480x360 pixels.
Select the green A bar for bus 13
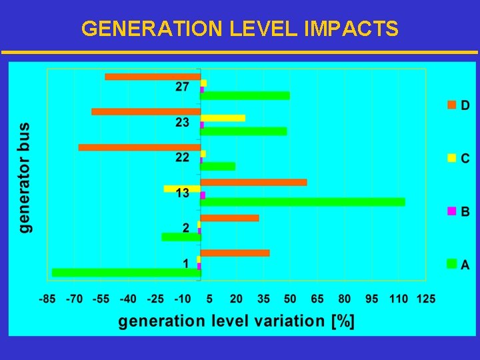(x=303, y=202)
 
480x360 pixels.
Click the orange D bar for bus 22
(x=139, y=147)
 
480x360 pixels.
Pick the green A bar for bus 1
(x=126, y=272)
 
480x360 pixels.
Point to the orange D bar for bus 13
(x=253, y=182)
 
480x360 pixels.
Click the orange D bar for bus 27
(x=153, y=77)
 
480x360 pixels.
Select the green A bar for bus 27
(x=245, y=96)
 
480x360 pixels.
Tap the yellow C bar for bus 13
(x=182, y=189)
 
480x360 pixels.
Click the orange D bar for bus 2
(x=229, y=218)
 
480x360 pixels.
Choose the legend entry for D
(x=458, y=105)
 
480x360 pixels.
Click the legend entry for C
(x=458, y=158)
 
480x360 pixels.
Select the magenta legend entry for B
(x=458, y=211)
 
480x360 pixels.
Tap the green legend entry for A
(x=458, y=265)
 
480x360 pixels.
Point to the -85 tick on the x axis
(x=47, y=299)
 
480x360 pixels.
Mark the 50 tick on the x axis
(x=290, y=299)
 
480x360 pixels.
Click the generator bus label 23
(x=183, y=123)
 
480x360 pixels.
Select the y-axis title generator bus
(x=25, y=177)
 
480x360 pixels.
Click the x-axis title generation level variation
(x=237, y=321)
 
